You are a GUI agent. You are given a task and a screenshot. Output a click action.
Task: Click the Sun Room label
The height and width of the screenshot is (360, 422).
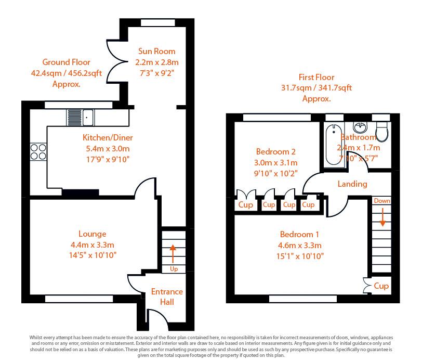point(156,52)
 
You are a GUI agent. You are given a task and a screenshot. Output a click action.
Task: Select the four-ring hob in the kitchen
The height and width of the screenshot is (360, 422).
point(38,151)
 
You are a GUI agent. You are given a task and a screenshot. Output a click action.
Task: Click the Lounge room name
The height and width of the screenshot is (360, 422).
point(93,234)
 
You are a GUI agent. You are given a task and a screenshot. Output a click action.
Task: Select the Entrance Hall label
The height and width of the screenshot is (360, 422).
point(167,297)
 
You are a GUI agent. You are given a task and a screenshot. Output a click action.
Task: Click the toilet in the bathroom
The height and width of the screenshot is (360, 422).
point(383,131)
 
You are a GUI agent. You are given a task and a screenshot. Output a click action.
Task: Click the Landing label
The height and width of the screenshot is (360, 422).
point(352,184)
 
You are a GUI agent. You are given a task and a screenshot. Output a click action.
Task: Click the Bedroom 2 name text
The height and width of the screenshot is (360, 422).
point(276,152)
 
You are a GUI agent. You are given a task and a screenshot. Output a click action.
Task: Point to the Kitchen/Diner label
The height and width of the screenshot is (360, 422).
point(108,138)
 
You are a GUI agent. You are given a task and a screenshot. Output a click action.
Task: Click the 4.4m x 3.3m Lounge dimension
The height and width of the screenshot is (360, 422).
point(93,245)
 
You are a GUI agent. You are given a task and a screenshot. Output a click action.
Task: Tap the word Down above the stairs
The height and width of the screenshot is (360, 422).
point(382,201)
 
